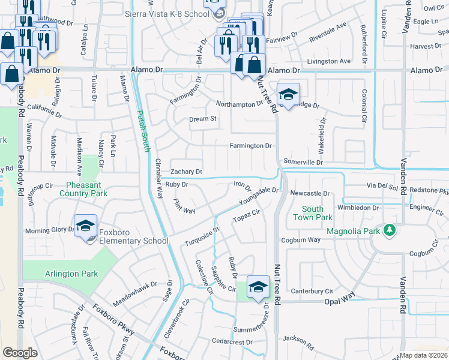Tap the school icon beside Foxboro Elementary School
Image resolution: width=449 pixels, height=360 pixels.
85,226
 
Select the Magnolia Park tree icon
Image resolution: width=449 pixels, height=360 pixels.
390,230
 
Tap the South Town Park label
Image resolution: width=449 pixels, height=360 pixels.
317,213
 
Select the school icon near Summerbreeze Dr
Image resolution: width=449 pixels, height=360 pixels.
258,287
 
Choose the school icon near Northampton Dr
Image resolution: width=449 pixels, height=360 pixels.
288,94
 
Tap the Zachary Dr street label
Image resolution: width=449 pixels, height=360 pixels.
187,172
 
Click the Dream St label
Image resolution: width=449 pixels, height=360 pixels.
203,119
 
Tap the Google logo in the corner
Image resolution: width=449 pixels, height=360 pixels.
19,353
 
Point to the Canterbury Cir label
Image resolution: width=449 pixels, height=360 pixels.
312,291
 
